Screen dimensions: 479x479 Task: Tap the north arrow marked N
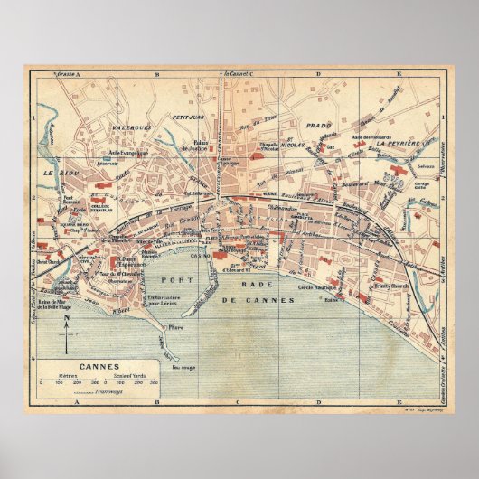coord(64,342)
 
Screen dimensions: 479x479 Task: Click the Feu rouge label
coord(183,368)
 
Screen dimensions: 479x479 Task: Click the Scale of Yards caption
coord(129,374)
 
